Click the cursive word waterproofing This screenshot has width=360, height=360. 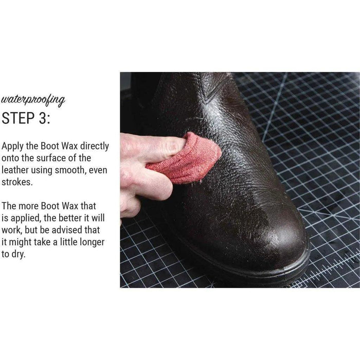point(33,101)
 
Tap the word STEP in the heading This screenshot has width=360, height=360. point(18,118)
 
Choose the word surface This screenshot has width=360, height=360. point(56,158)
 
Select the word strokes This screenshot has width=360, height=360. point(17,182)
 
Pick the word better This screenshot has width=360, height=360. point(70,218)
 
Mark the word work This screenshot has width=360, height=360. point(12,230)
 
